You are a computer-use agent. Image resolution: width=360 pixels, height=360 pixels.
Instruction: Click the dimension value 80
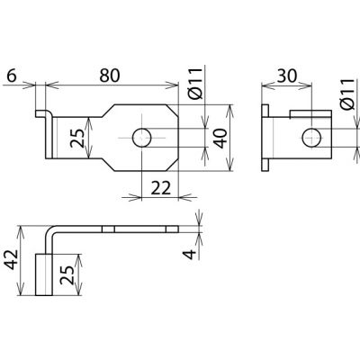point(110,76)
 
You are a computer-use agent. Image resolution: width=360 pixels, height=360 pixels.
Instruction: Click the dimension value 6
point(12,76)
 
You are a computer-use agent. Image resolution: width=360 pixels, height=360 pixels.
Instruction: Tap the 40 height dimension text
point(221,139)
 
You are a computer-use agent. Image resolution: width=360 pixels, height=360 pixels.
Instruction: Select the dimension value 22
point(160,188)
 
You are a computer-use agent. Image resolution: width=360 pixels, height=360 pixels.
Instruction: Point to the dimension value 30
point(287,76)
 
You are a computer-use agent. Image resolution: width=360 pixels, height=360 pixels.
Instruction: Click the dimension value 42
point(13,259)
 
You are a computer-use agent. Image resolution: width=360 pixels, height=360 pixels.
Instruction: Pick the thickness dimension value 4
point(190,255)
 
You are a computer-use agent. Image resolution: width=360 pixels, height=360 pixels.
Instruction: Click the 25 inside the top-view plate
point(77,139)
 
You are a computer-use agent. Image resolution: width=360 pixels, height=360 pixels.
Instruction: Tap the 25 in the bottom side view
point(67,274)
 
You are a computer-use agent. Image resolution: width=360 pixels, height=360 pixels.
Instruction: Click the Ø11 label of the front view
point(196,84)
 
